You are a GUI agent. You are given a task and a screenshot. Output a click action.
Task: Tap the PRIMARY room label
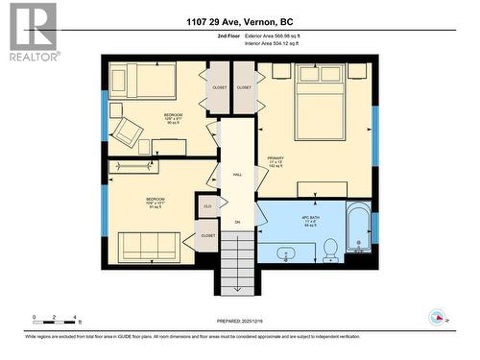[276, 159]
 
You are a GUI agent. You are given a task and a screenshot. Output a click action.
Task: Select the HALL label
[237, 175]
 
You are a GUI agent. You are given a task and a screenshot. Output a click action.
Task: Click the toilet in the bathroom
[329, 249]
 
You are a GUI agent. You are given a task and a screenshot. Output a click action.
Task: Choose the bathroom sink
[285, 255]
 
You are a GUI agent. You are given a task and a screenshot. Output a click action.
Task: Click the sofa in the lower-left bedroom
[148, 246]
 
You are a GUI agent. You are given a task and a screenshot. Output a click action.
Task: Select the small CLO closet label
[207, 204]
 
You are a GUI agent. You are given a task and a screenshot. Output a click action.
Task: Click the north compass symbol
[438, 318]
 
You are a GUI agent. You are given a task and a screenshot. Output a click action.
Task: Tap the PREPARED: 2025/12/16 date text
[239, 322]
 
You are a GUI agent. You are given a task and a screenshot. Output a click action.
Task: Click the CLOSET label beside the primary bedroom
[244, 87]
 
